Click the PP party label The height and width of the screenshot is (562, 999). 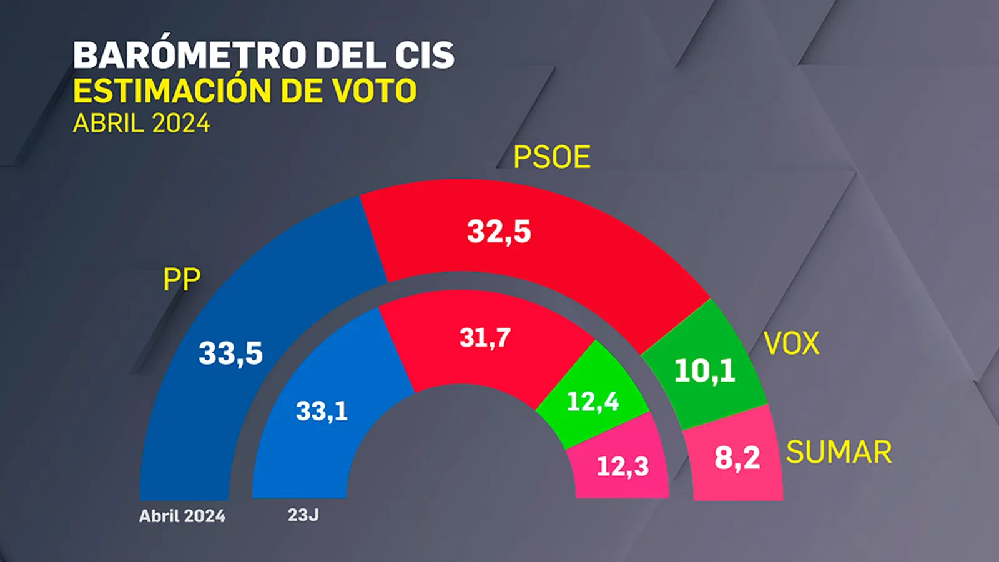[x=182, y=280]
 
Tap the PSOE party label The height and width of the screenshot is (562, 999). [x=552, y=157]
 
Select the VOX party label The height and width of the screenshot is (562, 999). [x=792, y=343]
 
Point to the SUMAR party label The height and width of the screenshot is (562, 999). [x=839, y=452]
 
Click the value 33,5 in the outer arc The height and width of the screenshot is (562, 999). [x=230, y=353]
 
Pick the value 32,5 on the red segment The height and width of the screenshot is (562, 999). [x=499, y=232]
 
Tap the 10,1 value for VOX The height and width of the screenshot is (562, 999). [x=705, y=371]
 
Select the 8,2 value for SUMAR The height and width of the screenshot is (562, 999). [x=737, y=458]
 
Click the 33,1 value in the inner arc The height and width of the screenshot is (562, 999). [x=322, y=411]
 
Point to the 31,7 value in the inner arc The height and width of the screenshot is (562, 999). [x=485, y=338]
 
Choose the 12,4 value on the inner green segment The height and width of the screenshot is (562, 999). [x=593, y=402]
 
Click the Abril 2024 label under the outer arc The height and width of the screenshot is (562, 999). [x=182, y=516]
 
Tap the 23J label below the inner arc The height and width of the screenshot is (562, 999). [x=303, y=515]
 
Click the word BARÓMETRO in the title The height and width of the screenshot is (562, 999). [x=190, y=54]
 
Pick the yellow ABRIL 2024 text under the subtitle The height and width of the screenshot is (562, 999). [x=141, y=123]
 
